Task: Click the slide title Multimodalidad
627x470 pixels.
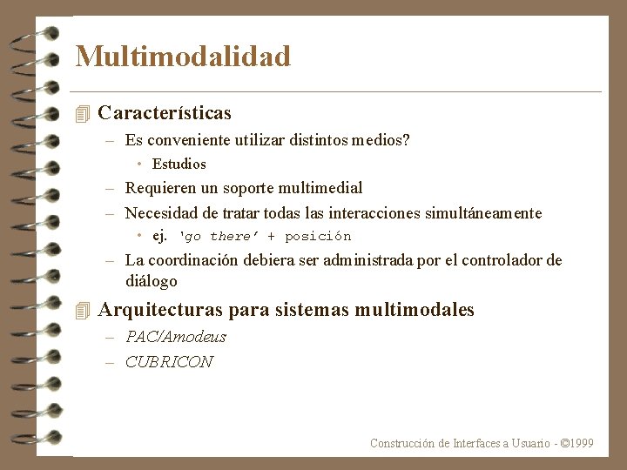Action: click(183, 57)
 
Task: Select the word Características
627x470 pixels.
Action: click(165, 113)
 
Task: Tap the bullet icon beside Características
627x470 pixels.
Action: click(83, 113)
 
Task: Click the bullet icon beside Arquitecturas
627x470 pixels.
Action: click(83, 310)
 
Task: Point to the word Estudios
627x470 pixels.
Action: click(179, 164)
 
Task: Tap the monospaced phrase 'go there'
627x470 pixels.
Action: click(218, 236)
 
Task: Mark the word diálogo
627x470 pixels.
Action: click(151, 281)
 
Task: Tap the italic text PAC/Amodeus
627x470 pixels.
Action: click(175, 337)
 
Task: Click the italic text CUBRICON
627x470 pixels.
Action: click(169, 362)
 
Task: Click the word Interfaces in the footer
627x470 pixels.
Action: click(476, 443)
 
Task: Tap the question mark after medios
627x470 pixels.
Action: click(406, 139)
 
